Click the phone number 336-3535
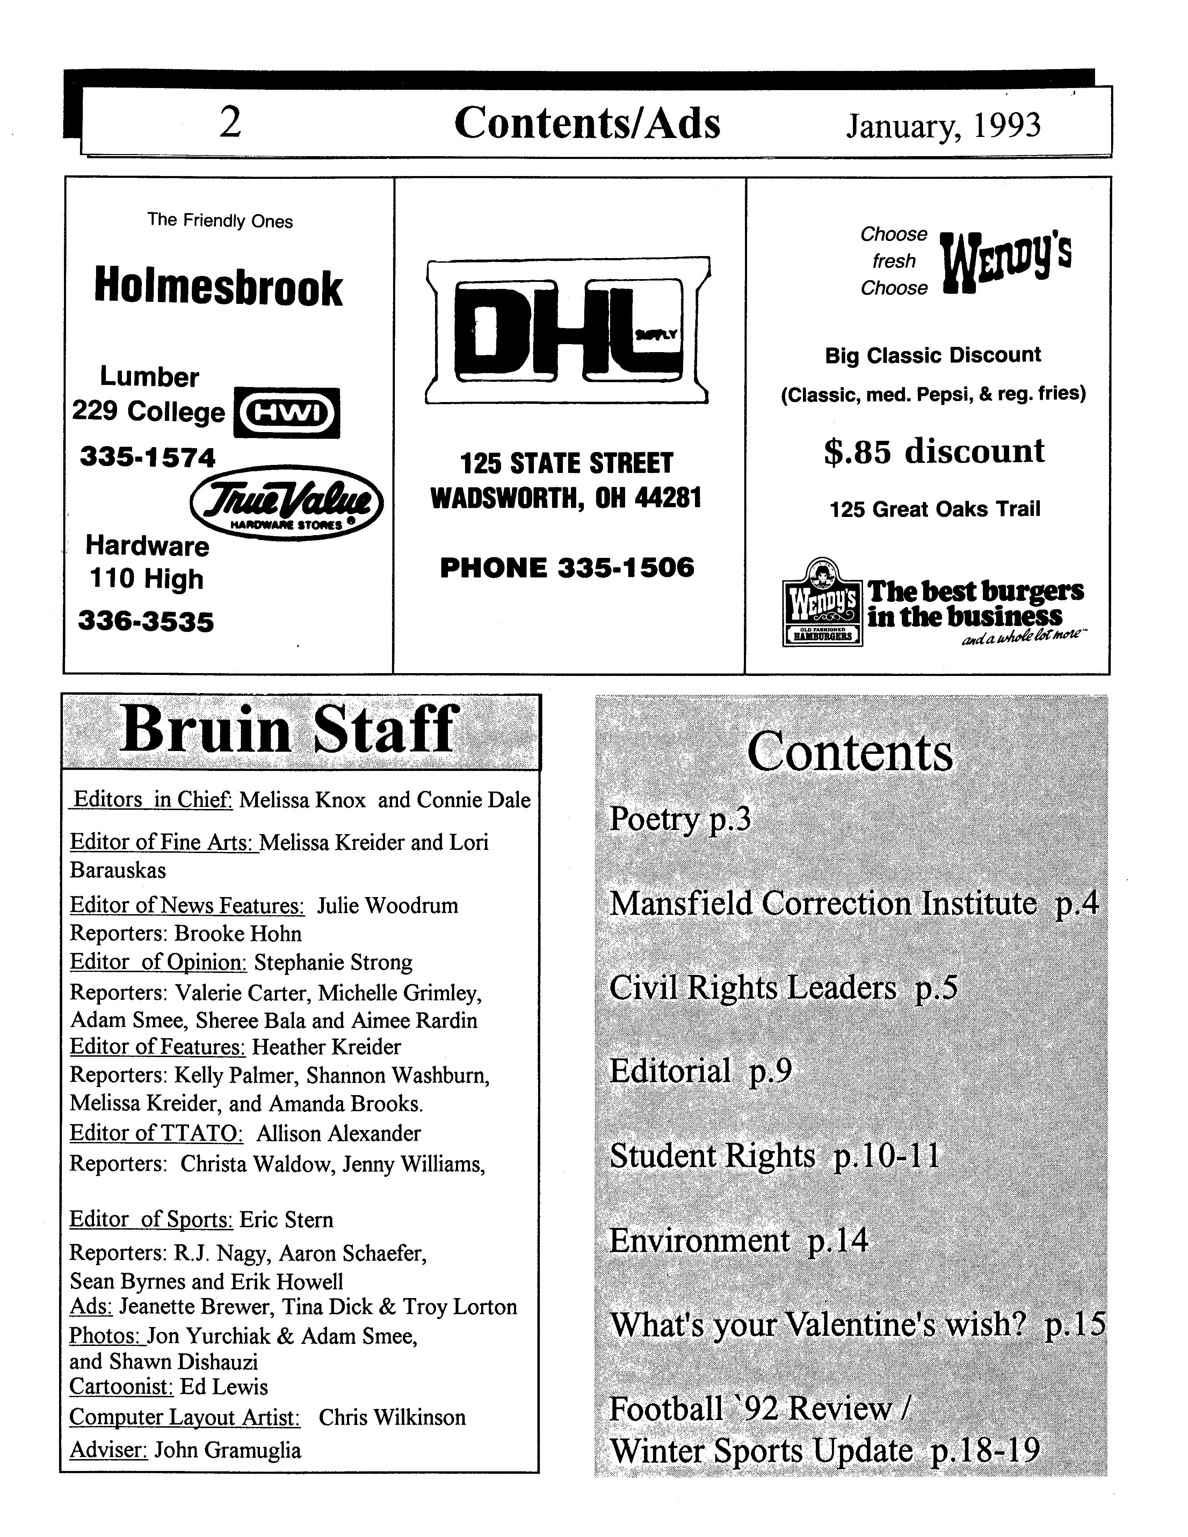click(146, 622)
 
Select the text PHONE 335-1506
click(567, 567)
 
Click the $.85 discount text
click(934, 451)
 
